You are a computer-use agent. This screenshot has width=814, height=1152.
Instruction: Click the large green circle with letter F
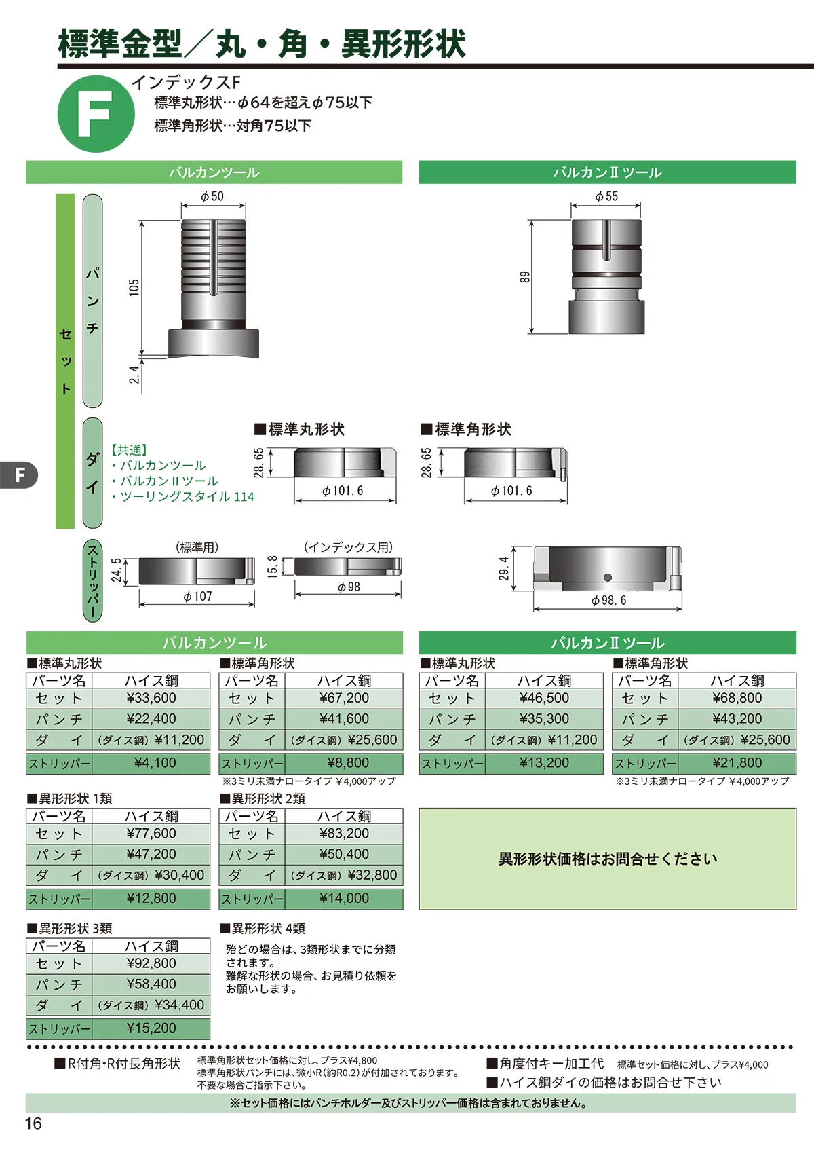coord(96,113)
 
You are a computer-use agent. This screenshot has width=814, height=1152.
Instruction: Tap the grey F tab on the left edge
coord(18,475)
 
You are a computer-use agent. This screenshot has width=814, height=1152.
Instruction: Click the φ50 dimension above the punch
coord(212,196)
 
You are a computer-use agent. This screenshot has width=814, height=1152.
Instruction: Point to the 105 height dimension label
coord(134,287)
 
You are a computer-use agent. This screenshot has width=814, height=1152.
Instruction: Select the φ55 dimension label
coord(606,196)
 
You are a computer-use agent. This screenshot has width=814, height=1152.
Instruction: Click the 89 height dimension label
coord(524,277)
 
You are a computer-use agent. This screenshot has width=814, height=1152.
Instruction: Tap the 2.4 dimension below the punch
coord(134,375)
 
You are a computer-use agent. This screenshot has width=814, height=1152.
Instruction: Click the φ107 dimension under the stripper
coord(198,596)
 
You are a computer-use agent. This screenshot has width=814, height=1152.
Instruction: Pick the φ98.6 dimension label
coord(609,600)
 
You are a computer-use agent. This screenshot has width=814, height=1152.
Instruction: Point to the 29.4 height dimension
coord(504,568)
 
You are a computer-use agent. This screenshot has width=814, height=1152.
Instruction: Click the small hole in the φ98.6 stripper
coord(607,577)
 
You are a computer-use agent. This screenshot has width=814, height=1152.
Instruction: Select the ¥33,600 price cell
coord(151,698)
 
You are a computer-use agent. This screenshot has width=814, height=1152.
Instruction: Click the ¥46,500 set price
coord(544,698)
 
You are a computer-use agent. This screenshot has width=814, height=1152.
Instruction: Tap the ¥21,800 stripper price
coord(737,763)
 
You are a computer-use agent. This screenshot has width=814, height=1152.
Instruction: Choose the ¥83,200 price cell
coord(345,833)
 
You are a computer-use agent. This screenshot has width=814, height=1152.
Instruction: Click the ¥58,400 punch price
coord(151,984)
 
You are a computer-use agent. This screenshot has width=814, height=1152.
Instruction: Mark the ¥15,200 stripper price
coord(151,1028)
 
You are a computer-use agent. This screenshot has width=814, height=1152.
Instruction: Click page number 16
coord(33,1123)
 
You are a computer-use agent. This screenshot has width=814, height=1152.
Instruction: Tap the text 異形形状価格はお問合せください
coord(607,859)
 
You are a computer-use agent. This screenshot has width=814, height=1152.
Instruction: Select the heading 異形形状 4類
coord(263,928)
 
